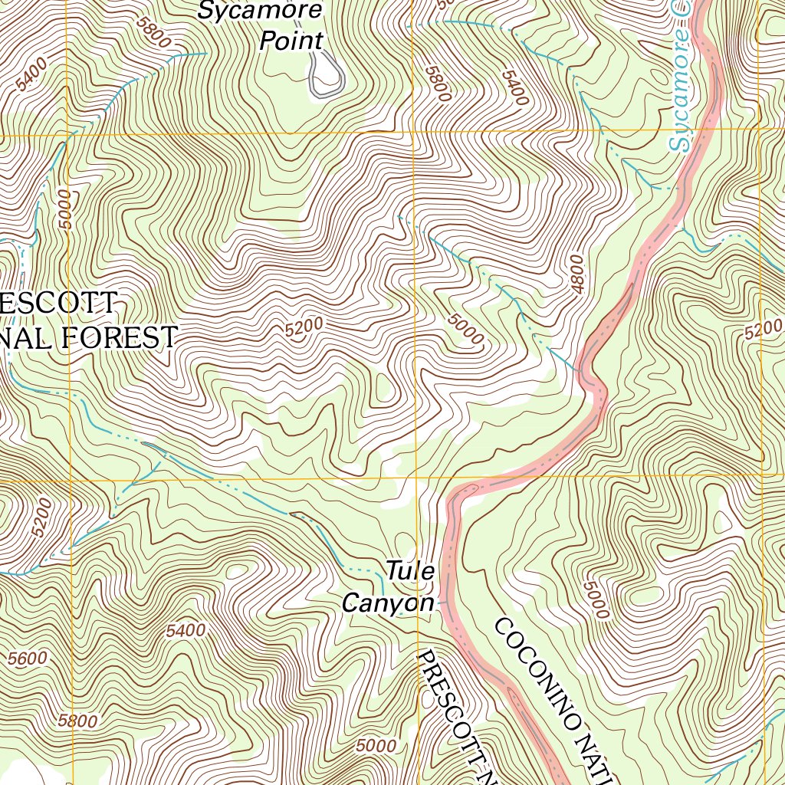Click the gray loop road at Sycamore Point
(x=326, y=77)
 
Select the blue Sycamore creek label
(x=681, y=84)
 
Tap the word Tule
(x=410, y=571)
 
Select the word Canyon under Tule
(x=388, y=603)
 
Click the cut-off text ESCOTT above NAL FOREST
(x=57, y=304)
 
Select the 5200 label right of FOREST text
(x=304, y=328)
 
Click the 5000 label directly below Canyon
(x=376, y=745)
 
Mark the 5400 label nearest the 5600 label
(x=186, y=632)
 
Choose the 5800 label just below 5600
(x=77, y=721)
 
